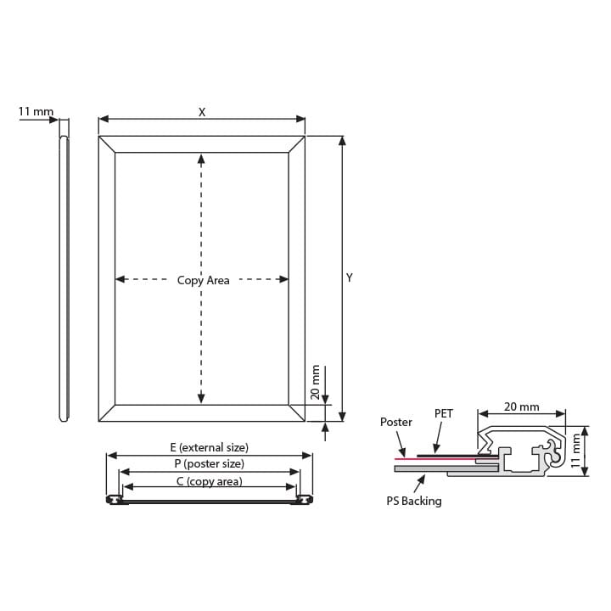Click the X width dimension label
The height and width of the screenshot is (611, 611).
click(x=201, y=112)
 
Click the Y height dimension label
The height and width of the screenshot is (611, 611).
click(x=350, y=277)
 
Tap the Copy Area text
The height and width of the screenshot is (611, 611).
click(x=203, y=281)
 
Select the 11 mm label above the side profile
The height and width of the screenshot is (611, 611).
click(x=36, y=111)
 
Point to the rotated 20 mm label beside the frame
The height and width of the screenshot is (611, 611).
click(x=315, y=382)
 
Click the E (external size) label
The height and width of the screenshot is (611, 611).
click(x=210, y=447)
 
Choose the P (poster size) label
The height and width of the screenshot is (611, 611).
click(x=210, y=463)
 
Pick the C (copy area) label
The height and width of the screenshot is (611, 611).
click(x=210, y=482)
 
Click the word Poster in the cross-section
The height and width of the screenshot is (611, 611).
click(x=396, y=422)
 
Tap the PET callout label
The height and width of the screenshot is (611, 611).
click(x=444, y=413)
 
